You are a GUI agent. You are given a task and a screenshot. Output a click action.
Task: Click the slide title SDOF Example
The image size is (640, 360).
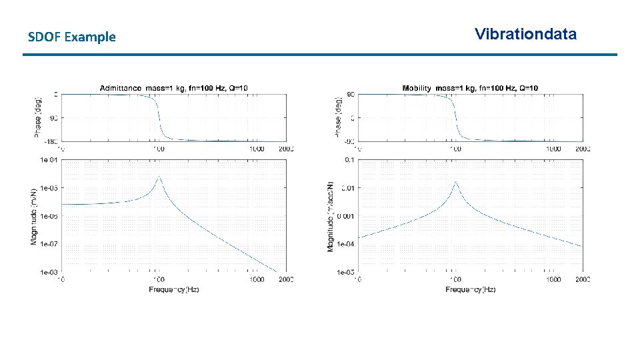coord(72,37)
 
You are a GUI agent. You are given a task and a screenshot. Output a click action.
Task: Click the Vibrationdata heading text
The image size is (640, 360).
coord(525,34)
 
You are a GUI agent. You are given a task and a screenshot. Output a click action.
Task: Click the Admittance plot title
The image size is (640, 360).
coord(173,88)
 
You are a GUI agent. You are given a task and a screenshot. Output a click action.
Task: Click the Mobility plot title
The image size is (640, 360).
coord(470,88)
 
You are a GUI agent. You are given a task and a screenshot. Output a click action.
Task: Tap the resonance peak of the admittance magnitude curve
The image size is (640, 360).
coord(159,177)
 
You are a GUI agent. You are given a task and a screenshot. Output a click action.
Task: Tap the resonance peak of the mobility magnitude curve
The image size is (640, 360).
coord(455,181)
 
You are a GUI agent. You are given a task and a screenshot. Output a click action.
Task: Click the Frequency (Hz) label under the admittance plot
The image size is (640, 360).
coord(173,289)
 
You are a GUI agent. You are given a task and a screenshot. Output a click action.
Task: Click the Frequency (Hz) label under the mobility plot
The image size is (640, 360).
coord(470,289)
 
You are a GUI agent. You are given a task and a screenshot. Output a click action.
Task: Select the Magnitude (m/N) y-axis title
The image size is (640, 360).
coord(34,215)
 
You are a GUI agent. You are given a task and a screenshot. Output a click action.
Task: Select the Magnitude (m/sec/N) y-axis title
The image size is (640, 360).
coord(331,215)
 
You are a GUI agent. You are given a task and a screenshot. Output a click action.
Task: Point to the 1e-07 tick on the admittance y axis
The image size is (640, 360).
coord(49,244)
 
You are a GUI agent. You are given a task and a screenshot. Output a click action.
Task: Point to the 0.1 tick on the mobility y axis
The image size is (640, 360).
coord(349,160)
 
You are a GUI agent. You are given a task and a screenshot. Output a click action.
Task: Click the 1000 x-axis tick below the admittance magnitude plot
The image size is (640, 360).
coord(257,279)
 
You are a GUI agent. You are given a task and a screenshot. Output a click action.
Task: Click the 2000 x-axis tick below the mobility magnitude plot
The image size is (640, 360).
coord(582,279)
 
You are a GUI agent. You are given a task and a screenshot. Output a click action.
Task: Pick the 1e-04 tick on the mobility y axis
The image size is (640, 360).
coord(345,244)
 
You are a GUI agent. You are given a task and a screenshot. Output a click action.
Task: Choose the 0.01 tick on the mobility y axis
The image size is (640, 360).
coord(347,188)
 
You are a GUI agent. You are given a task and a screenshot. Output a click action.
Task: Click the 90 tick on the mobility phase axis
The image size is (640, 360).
coord(351,94)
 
